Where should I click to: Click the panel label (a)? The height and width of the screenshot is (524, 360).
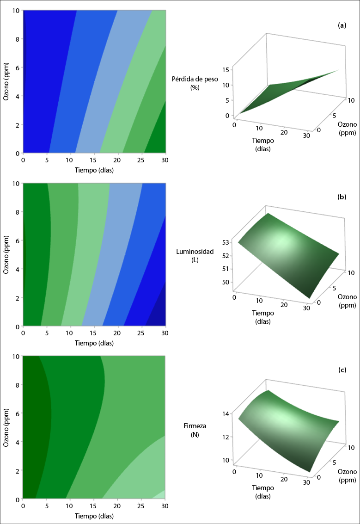click(342, 25)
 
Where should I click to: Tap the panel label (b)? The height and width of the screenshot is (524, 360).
click(342, 197)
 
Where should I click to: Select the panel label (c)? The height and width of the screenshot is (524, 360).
click(342, 370)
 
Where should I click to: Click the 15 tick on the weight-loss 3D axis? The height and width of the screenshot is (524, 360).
click(226, 70)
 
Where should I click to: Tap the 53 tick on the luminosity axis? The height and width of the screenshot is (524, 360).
click(226, 242)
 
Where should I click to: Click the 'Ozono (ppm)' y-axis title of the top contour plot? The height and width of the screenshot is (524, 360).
click(6, 81)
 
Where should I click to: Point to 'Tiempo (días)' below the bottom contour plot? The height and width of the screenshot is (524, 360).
click(94, 516)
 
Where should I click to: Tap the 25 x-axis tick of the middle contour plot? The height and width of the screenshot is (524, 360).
click(142, 333)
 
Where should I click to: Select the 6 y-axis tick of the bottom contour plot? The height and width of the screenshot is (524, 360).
click(18, 413)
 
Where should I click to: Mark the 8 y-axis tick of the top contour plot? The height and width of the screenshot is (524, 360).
click(18, 39)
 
